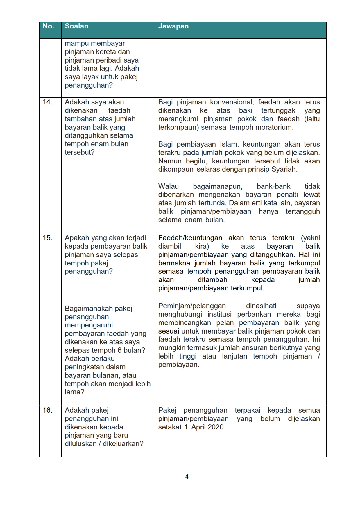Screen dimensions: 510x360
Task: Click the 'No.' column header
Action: click(x=48, y=26)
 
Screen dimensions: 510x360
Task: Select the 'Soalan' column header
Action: click(x=76, y=26)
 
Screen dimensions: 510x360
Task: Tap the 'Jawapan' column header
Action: click(x=173, y=26)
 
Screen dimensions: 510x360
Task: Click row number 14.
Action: click(x=47, y=102)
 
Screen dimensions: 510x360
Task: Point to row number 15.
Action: click(x=47, y=238)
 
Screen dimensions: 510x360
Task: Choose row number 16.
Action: click(x=47, y=410)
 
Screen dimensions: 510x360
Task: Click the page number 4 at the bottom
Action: click(x=187, y=476)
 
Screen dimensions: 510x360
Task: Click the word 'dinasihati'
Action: click(x=261, y=306)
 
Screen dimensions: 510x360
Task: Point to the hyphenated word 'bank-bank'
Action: click(x=273, y=186)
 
